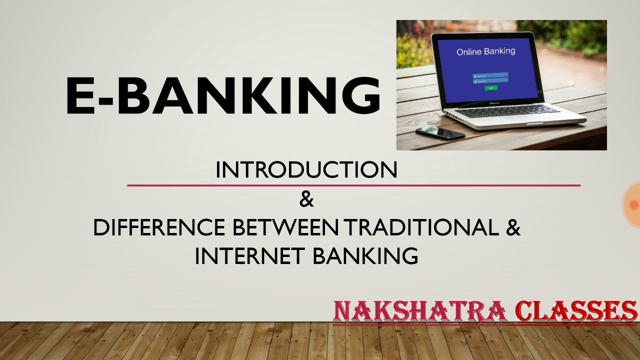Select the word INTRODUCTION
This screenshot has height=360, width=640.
coord(306,170)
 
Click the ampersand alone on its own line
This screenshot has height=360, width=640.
coord(306,199)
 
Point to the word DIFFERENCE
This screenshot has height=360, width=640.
coord(159,228)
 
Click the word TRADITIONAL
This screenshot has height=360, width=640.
coord(421,228)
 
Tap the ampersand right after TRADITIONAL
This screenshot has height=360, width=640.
coord(513,228)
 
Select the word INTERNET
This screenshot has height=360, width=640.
coord(249,256)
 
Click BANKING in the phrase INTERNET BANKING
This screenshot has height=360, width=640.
coord(365,256)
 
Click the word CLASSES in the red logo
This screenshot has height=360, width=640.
coord(575,311)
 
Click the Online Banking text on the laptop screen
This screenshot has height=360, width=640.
coord(485,51)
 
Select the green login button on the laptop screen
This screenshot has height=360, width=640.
coord(491,88)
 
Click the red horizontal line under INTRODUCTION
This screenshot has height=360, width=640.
coord(353,185)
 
